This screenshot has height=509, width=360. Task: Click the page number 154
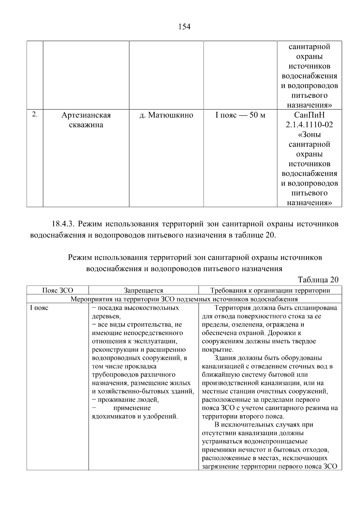click(184, 27)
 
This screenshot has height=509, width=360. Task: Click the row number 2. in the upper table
click(35, 114)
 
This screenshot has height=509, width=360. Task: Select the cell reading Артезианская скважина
click(86, 120)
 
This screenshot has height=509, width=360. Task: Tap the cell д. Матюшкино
click(166, 115)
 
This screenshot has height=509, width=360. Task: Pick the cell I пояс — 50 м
click(240, 115)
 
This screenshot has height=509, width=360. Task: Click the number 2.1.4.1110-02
click(309, 125)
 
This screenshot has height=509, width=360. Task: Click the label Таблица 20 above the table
click(318, 280)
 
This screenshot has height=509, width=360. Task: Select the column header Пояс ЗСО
click(58, 290)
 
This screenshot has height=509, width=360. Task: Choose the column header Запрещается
click(143, 290)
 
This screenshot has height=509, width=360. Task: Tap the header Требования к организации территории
click(270, 290)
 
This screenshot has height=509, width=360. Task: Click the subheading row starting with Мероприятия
click(184, 299)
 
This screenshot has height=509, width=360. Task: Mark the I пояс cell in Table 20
click(39, 308)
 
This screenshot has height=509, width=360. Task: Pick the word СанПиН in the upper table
click(309, 115)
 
